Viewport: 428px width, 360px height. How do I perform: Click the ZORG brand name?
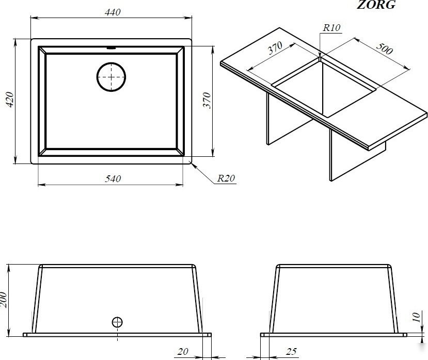click(x=376, y=5)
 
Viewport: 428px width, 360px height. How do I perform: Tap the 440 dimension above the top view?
click(x=113, y=12)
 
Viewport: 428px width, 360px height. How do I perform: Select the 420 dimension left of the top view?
click(x=10, y=100)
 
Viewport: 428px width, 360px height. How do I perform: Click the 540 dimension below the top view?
click(x=113, y=178)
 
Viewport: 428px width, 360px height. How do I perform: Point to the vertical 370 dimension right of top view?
click(x=207, y=101)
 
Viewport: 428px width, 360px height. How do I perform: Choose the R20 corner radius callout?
click(x=226, y=178)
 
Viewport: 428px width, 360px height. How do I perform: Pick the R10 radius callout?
click(x=331, y=27)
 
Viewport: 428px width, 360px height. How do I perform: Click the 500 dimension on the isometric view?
click(x=385, y=48)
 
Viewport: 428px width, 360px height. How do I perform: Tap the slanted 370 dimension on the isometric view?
click(x=275, y=48)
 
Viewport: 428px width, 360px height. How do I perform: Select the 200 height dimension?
click(x=3, y=300)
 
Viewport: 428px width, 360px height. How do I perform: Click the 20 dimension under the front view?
click(x=183, y=352)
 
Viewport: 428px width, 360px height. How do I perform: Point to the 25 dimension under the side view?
click(x=291, y=352)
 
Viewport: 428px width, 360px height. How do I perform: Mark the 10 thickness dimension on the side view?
click(x=417, y=317)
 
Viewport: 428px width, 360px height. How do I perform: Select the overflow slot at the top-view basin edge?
click(x=111, y=48)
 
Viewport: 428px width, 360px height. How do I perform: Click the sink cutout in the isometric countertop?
click(x=324, y=88)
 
